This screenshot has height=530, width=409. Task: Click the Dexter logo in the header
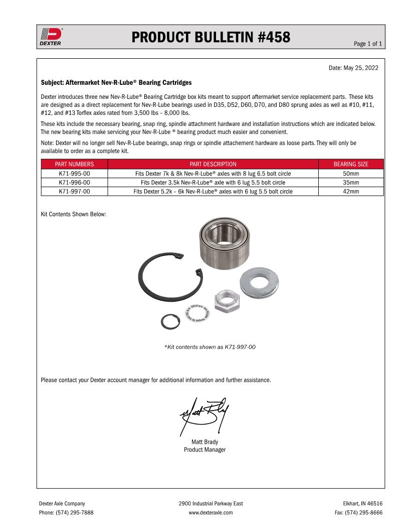(x=51, y=37)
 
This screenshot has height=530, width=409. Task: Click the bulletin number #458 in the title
(x=274, y=37)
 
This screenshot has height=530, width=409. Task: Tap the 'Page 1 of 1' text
(x=368, y=44)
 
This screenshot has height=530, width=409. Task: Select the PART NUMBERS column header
(x=74, y=164)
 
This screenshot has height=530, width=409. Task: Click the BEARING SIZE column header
(x=351, y=164)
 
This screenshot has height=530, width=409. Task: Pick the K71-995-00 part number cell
(x=74, y=174)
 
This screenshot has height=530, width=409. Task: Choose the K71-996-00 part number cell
(x=74, y=183)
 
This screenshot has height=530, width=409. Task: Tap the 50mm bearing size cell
(x=351, y=174)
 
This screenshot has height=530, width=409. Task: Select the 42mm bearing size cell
(x=351, y=192)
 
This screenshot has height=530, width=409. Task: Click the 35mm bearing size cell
(x=351, y=183)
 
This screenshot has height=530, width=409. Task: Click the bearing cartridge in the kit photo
(x=225, y=243)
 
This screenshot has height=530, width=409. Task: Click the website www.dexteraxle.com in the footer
(x=211, y=513)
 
